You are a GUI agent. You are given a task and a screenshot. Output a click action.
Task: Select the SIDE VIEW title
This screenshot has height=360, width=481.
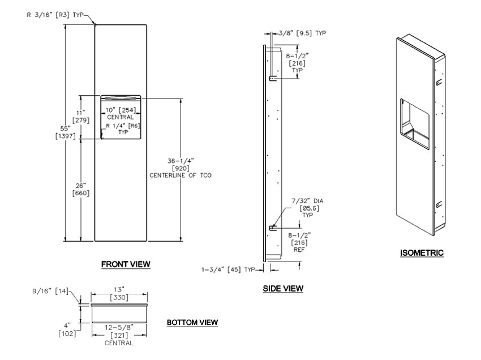pyautogui.click(x=283, y=289)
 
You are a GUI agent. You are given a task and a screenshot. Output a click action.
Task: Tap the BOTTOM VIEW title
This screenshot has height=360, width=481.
pyautogui.click(x=192, y=322)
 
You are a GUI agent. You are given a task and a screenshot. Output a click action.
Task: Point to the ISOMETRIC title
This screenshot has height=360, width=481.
pyautogui.click(x=421, y=253)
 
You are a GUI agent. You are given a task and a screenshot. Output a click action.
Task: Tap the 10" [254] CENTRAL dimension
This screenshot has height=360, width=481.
pyautogui.click(x=121, y=113)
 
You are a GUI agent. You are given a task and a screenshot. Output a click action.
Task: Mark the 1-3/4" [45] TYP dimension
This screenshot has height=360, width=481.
pyautogui.click(x=229, y=269)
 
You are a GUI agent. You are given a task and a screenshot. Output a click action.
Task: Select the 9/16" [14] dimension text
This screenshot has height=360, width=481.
pyautogui.click(x=50, y=292)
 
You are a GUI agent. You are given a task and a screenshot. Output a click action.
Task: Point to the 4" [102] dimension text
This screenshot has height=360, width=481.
pyautogui.click(x=67, y=329)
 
